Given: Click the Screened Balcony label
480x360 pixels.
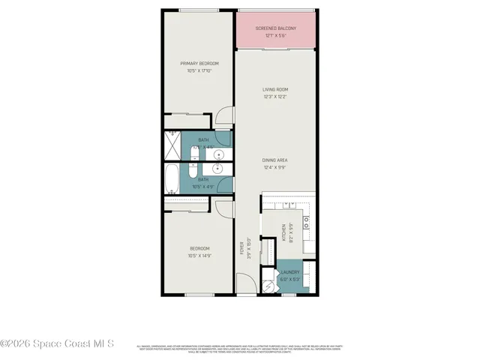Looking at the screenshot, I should click(x=275, y=28).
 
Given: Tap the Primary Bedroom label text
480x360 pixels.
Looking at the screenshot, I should click(x=198, y=64).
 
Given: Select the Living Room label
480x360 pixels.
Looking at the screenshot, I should click(x=275, y=89).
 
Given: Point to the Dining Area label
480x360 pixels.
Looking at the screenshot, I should click(x=275, y=160).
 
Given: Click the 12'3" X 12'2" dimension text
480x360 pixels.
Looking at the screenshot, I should click(x=275, y=97).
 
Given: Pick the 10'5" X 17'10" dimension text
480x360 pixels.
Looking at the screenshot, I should click(x=198, y=71).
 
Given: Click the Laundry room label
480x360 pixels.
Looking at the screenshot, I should click(x=290, y=272).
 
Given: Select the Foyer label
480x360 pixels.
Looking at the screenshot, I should click(x=241, y=247).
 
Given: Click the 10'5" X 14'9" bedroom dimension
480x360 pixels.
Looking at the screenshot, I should click(x=199, y=256).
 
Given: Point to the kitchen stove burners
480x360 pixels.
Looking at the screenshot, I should click(x=307, y=220).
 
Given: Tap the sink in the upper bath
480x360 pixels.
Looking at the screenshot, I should click(x=220, y=155).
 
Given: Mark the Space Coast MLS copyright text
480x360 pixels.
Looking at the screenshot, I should click(x=57, y=344).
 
